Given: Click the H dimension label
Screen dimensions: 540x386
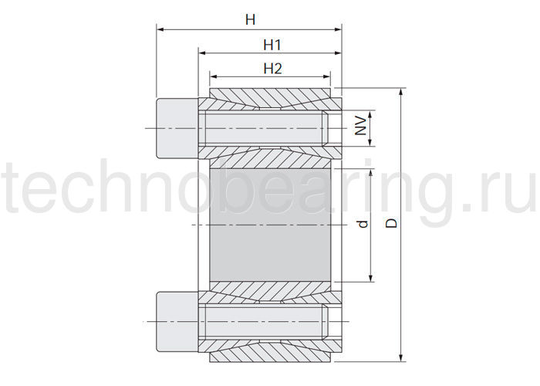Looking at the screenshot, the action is tap(251, 19).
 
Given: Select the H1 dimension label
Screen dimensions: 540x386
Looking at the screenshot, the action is tap(272, 45).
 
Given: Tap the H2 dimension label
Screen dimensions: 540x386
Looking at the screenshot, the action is tap(273, 69).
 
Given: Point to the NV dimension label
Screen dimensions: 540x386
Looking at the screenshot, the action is tap(360, 125).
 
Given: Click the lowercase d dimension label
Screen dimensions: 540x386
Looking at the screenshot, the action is tap(363, 224).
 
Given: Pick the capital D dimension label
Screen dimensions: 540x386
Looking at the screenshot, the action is tap(391, 222).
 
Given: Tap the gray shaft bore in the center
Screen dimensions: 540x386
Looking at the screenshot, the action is tap(270, 225).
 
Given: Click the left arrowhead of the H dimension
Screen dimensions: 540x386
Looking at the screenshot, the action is tap(160, 30).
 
